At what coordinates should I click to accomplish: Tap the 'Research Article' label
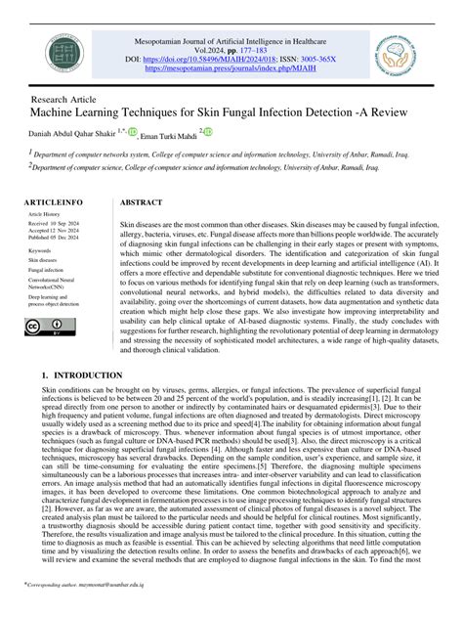point(64,100)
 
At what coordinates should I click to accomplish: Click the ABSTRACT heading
point(140,201)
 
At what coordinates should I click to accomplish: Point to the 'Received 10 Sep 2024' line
point(55,223)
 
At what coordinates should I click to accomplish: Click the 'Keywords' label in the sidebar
point(40,250)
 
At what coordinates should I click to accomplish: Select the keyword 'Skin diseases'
point(43,261)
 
